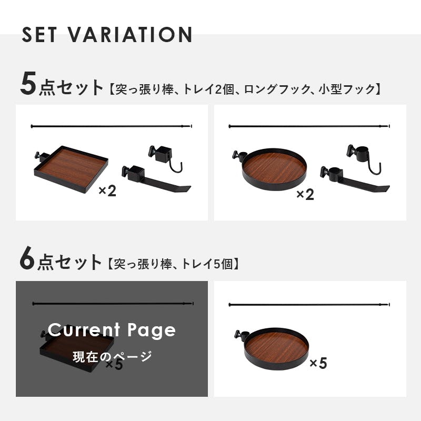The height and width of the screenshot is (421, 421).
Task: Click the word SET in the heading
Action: [39, 34]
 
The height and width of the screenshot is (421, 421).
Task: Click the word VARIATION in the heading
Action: [129, 34]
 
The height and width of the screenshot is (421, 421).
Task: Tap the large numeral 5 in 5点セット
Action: [28, 84]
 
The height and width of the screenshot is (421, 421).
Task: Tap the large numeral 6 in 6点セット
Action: [27, 258]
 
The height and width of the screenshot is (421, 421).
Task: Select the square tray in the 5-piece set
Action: [71, 169]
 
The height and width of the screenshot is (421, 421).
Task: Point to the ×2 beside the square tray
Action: [107, 191]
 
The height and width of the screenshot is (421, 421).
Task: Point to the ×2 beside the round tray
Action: [305, 194]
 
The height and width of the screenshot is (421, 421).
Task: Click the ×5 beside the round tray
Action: [318, 363]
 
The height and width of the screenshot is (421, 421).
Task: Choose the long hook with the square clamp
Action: [156, 179]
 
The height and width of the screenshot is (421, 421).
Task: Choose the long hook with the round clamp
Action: [354, 179]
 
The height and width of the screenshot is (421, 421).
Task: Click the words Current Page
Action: [112, 330]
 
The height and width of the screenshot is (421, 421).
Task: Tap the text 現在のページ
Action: [112, 357]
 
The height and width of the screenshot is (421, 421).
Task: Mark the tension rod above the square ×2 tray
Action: [112, 126]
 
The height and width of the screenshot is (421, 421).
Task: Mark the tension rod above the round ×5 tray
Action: [309, 305]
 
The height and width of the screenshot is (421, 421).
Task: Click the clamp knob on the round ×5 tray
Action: [238, 335]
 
